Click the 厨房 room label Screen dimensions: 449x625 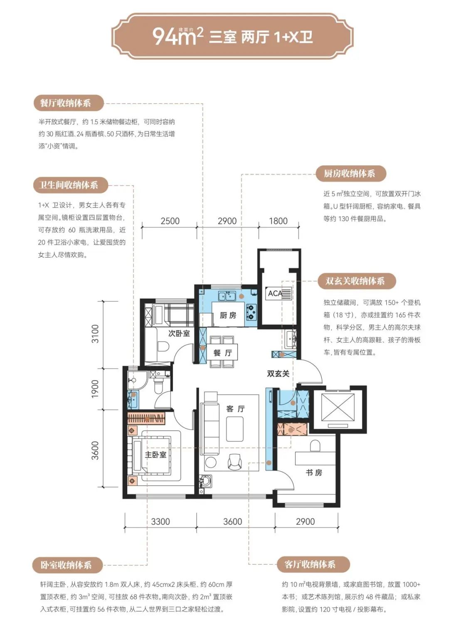(x=228, y=315)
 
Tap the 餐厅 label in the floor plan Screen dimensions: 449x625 (x=223, y=353)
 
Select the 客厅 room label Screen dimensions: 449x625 (x=236, y=409)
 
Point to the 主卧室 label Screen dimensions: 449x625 (x=155, y=455)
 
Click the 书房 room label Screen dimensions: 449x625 (x=314, y=472)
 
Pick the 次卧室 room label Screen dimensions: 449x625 (x=179, y=333)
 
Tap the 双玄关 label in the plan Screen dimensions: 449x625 (x=278, y=374)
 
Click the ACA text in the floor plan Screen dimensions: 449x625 (x=275, y=293)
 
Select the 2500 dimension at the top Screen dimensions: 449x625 (x=170, y=221)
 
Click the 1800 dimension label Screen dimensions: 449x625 (x=278, y=221)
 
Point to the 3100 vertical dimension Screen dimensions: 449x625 (x=96, y=334)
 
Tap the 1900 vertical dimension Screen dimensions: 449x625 (x=96, y=389)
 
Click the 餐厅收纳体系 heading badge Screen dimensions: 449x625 (x=68, y=103)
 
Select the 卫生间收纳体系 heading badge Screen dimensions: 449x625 (x=71, y=185)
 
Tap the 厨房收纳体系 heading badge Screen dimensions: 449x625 (x=351, y=174)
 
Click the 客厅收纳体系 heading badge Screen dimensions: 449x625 (x=313, y=564)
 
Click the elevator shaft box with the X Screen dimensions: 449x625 (x=338, y=407)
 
